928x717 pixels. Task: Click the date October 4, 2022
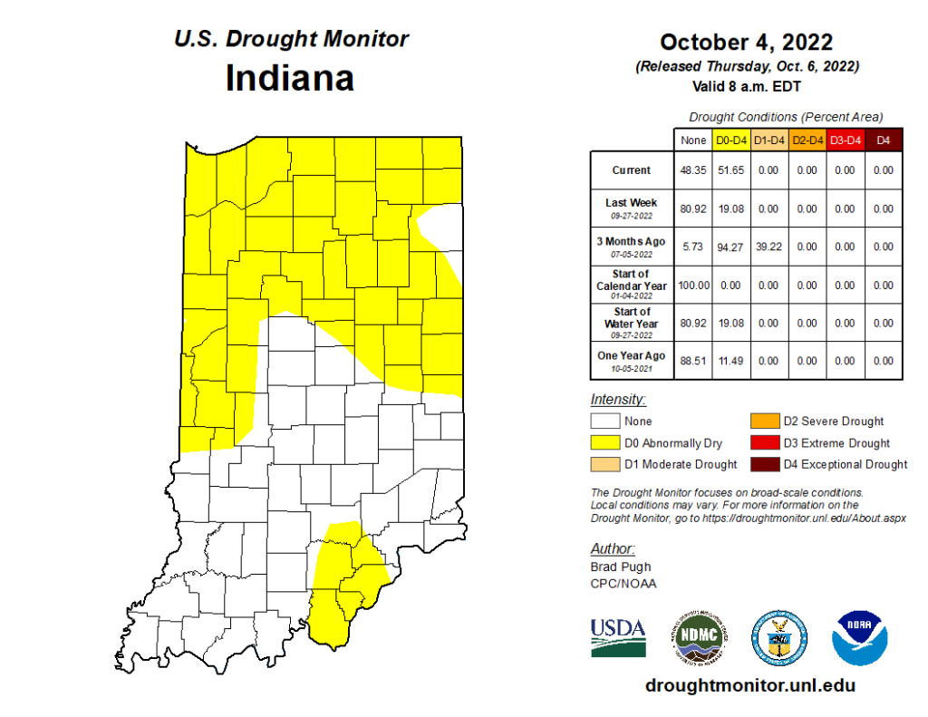[746, 42]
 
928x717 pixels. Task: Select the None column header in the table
[693, 140]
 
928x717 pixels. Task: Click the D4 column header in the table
[884, 140]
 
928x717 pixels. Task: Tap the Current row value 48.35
[693, 170]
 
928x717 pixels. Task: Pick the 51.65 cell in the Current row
[730, 170]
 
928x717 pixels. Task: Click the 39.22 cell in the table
[768, 247]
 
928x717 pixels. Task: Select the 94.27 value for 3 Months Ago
[730, 247]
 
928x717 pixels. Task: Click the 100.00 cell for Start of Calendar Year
[693, 286]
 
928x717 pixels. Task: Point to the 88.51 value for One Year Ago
[693, 362]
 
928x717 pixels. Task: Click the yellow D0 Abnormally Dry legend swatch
[605, 443]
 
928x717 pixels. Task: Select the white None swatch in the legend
[605, 421]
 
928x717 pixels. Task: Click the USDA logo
[618, 636]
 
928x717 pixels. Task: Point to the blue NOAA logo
[859, 636]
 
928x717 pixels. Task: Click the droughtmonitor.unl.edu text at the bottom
[749, 686]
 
